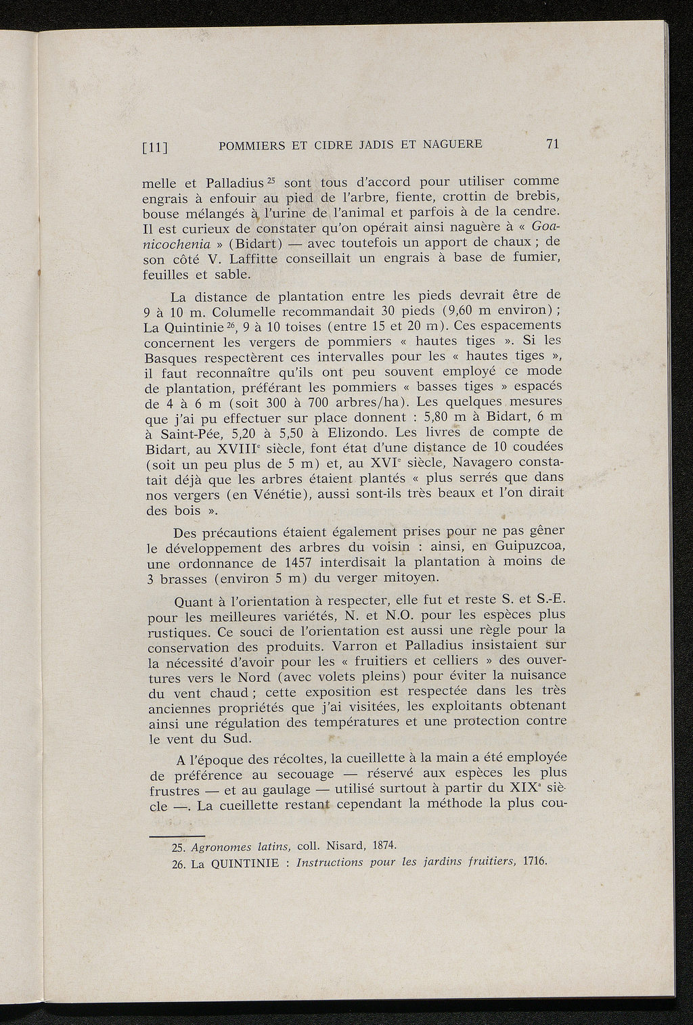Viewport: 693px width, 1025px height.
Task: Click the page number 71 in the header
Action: [x=552, y=143]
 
